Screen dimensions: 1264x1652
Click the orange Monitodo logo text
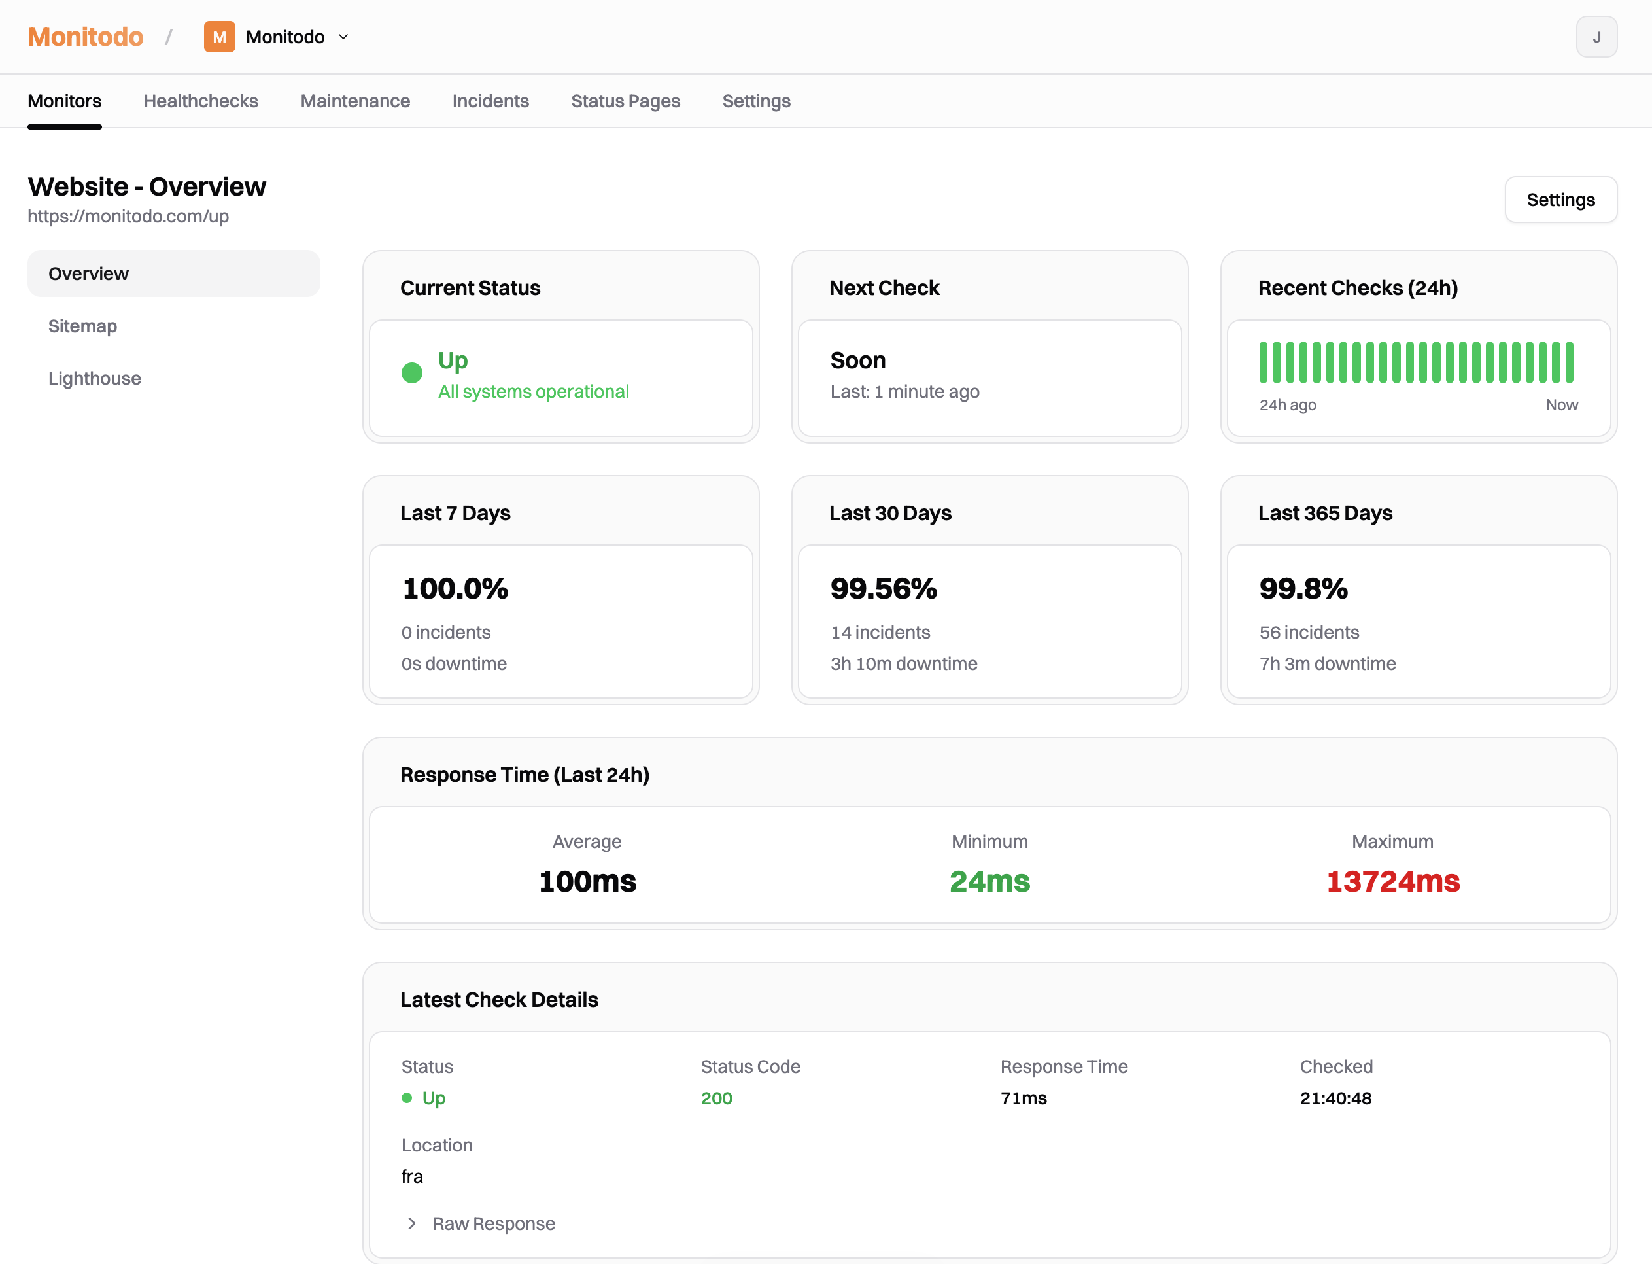[85, 37]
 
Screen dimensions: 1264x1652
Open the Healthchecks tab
[201, 101]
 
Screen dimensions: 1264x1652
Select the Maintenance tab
[355, 101]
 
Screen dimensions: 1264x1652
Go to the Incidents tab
[490, 101]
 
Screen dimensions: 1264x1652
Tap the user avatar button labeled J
[1596, 37]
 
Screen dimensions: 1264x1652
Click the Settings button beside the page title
[1560, 200]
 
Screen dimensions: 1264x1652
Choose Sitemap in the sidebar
[82, 326]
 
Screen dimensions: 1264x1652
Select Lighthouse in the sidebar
[95, 378]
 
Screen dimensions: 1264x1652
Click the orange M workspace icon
[219, 37]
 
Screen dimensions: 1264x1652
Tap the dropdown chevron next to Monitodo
[343, 37]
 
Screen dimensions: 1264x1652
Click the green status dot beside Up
[411, 373]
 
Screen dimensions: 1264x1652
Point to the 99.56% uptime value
[883, 589]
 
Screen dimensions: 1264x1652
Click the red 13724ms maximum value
[1392, 881]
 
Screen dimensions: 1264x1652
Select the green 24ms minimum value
[989, 881]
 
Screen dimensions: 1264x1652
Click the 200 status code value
[716, 1098]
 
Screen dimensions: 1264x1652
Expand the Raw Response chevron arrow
[411, 1223]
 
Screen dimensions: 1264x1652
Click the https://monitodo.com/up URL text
[128, 217]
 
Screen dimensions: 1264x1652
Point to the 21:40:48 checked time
[1335, 1098]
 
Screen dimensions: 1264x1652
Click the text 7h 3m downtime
[1327, 663]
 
